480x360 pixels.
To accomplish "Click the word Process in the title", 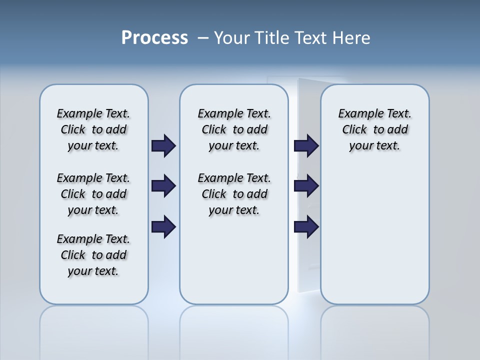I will click(x=154, y=38).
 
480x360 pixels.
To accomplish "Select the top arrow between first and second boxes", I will click(x=163, y=146).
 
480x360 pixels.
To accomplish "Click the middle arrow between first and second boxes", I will click(x=163, y=186).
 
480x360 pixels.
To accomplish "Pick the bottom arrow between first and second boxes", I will click(x=163, y=227).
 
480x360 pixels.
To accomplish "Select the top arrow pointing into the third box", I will click(x=306, y=146).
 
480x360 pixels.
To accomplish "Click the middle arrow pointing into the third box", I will click(x=306, y=186).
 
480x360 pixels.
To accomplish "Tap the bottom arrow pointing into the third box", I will click(x=306, y=227).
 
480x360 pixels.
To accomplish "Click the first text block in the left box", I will click(x=93, y=129).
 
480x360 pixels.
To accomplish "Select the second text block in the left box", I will click(x=93, y=194).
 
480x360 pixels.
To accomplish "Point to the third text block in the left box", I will click(x=93, y=255).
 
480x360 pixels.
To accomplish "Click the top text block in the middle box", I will click(x=234, y=129).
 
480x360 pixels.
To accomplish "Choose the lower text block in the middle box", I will click(x=234, y=194).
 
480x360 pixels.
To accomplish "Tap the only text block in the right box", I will click(x=375, y=129).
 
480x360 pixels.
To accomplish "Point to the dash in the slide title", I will click(x=203, y=38).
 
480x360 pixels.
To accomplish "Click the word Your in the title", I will click(x=232, y=38).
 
